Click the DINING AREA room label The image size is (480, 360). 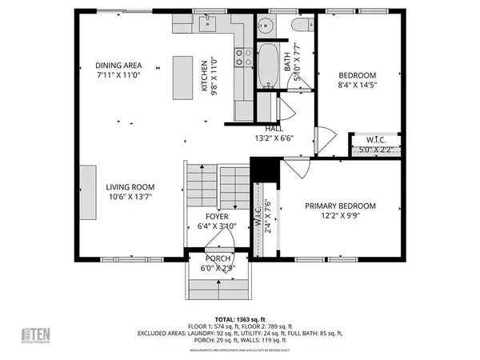pyautogui.click(x=118, y=66)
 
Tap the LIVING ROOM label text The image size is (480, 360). pyautogui.click(x=106, y=187)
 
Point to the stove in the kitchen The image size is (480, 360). pyautogui.click(x=239, y=57)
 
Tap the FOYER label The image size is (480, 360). pyautogui.click(x=217, y=217)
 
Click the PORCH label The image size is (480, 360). pyautogui.click(x=217, y=258)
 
